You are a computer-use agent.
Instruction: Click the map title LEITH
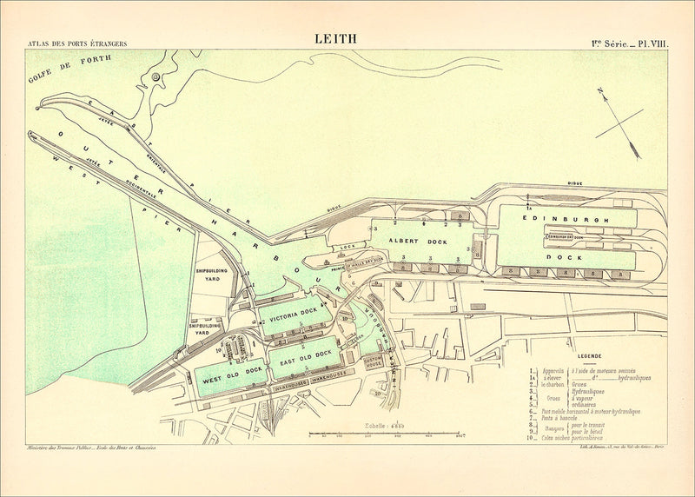335,38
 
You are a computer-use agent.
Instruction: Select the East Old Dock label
301,355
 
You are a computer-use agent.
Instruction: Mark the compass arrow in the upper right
624,125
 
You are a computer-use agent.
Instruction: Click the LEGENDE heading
577,355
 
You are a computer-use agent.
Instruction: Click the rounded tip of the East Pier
37,108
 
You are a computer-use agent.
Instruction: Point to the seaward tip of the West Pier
31,134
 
